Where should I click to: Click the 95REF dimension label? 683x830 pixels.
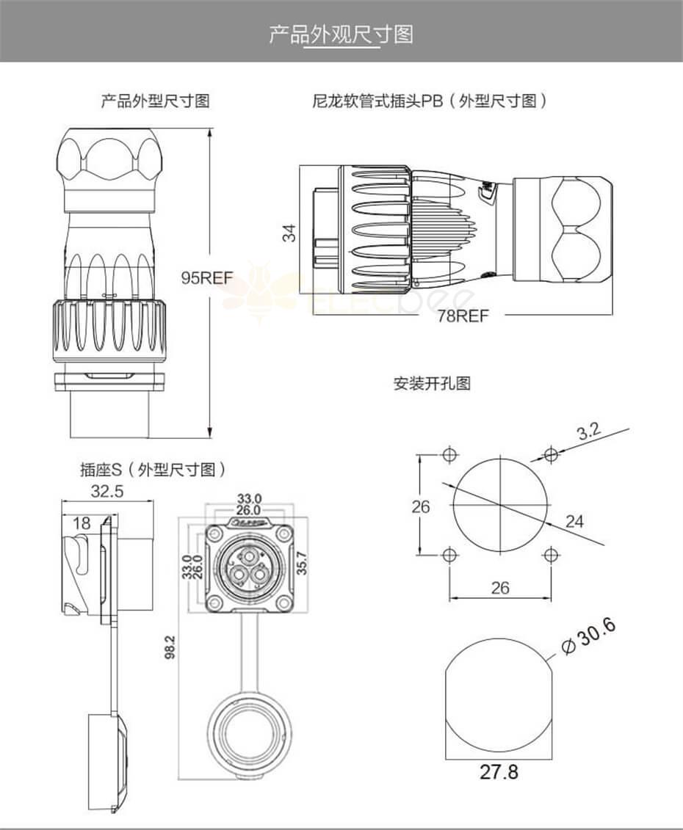point(207,278)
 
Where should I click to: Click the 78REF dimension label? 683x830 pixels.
point(463,316)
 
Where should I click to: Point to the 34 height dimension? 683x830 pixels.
point(291,233)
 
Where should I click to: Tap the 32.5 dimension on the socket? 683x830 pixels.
point(106,491)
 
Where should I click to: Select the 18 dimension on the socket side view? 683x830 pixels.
point(82,523)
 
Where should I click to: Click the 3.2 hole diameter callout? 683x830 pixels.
point(588,432)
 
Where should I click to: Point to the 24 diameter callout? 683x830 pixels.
point(574,521)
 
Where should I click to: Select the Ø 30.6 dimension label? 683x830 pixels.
point(588,637)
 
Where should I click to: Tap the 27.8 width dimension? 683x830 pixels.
point(499,771)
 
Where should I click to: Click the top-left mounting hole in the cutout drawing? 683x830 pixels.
point(449,455)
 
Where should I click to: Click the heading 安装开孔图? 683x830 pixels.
point(432,383)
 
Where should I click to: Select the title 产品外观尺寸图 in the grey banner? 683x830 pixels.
point(341,34)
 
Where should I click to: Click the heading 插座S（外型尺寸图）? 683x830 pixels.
point(153,470)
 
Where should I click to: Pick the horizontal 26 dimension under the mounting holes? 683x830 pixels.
point(499,587)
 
